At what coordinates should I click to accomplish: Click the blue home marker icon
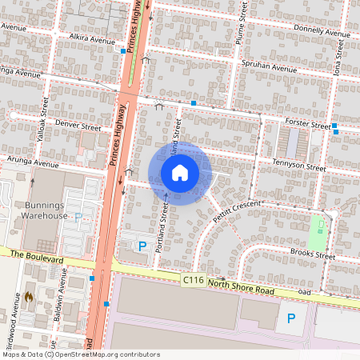pos(180,173)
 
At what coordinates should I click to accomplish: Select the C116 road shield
pos(193,280)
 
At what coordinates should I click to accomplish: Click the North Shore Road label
pos(241,287)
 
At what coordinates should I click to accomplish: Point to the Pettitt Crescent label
pos(238,210)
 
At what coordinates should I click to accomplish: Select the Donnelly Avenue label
pos(319,30)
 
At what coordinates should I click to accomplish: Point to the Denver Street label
pos(78,126)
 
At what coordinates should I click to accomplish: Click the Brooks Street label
pos(313,254)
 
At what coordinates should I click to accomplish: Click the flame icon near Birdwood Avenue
pos(29,297)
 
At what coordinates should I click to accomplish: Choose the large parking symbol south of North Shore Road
pos(290,322)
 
